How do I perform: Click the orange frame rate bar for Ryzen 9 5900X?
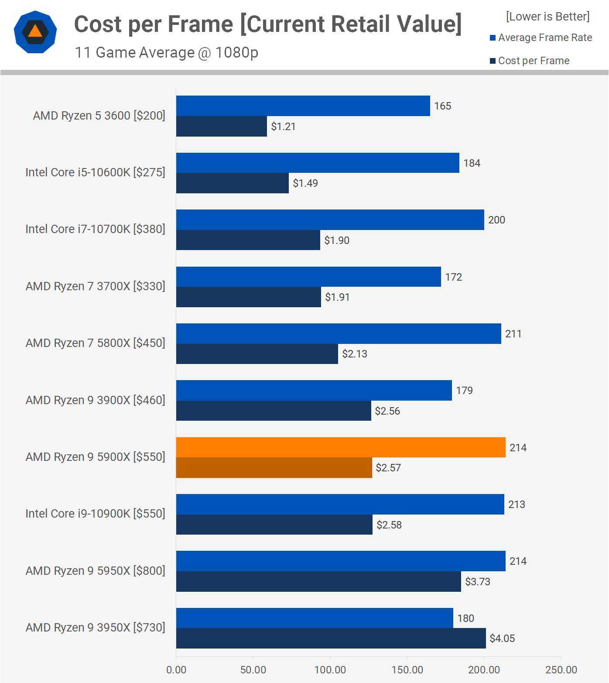pyautogui.click(x=341, y=447)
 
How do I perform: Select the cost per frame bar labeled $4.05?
pyautogui.click(x=331, y=638)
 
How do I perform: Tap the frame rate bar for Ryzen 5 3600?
pyautogui.click(x=303, y=106)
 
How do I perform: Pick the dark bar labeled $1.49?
pyautogui.click(x=232, y=183)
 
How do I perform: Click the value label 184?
pyautogui.click(x=472, y=163)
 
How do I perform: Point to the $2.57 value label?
pyautogui.click(x=388, y=468)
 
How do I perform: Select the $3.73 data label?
pyautogui.click(x=478, y=582)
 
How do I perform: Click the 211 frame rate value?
pyautogui.click(x=513, y=334)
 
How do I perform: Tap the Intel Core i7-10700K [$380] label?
pyautogui.click(x=95, y=229)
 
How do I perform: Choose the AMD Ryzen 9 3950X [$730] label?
pyautogui.click(x=95, y=628)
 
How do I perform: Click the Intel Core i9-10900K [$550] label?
pyautogui.click(x=95, y=514)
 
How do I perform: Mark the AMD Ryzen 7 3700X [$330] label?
pyautogui.click(x=95, y=286)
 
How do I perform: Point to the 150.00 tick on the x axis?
pyautogui.click(x=407, y=670)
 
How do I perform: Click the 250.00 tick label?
pyautogui.click(x=561, y=670)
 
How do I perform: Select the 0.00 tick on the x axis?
pyautogui.click(x=176, y=670)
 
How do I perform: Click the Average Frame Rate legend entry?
pyautogui.click(x=541, y=38)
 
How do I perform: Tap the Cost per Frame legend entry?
pyautogui.click(x=530, y=61)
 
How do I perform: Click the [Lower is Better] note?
pyautogui.click(x=547, y=17)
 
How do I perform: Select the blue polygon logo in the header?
pyautogui.click(x=35, y=32)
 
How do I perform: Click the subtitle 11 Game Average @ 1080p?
pyautogui.click(x=167, y=52)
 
